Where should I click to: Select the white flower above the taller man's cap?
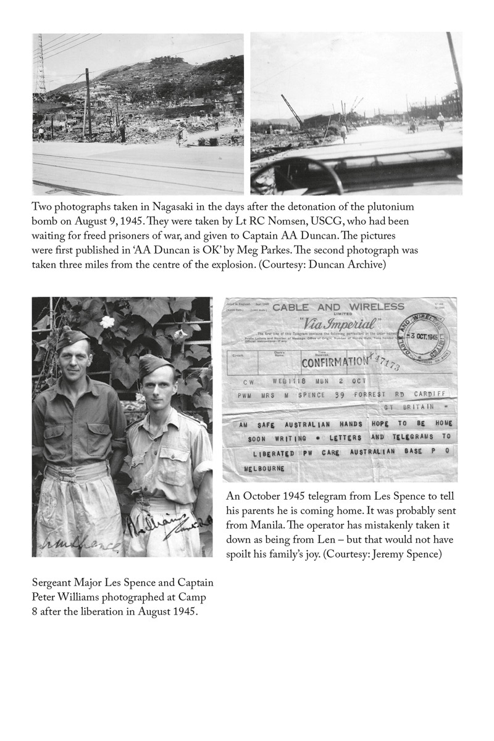tap(108, 321)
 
